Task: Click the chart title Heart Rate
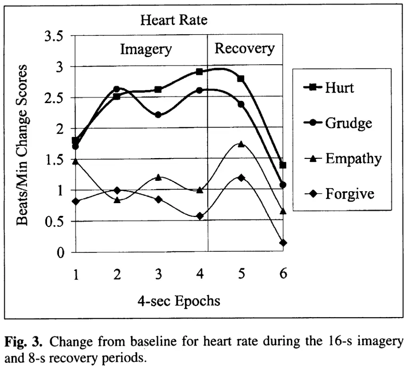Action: tap(174, 20)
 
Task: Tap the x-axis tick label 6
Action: tap(282, 275)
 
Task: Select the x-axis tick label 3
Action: tap(158, 275)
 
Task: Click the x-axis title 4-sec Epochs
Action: tap(178, 301)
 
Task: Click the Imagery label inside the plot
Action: tap(146, 50)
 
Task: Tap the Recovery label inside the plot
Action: tap(245, 49)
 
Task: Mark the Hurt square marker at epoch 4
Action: tap(199, 72)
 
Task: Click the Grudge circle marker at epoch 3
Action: tap(158, 115)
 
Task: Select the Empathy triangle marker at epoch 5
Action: tap(241, 144)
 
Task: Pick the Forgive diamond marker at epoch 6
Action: tap(283, 243)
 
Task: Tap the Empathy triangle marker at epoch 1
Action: tap(75, 161)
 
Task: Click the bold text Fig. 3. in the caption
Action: tap(24, 342)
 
